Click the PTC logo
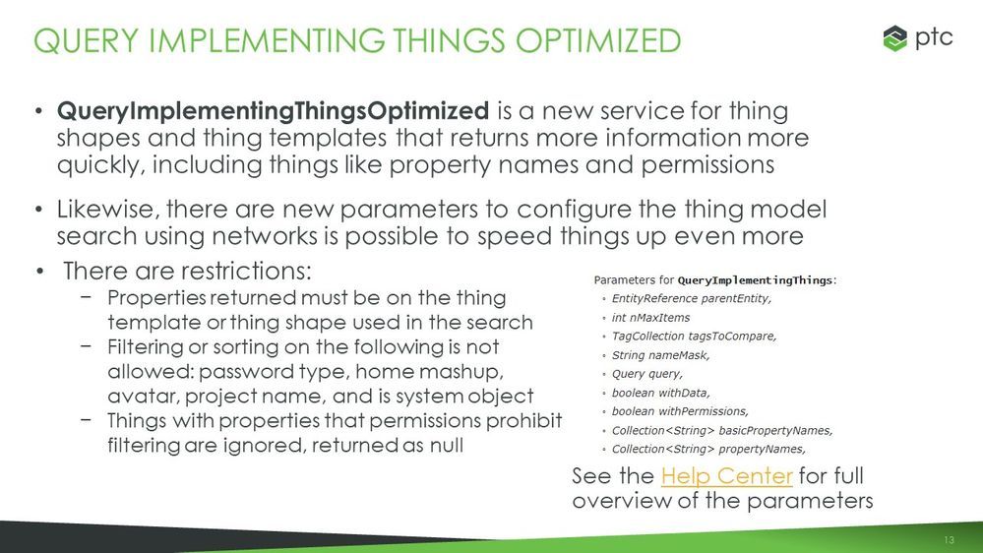coord(918,39)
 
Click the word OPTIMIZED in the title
coord(598,40)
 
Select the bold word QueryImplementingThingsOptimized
coord(273,111)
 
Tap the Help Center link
coord(726,476)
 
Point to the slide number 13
coord(948,540)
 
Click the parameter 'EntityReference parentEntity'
coord(691,298)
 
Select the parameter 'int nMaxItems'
coord(650,317)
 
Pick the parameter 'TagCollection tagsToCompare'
coord(694,337)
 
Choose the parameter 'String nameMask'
coord(661,355)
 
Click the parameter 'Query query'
coord(647,374)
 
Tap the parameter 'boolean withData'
coord(661,393)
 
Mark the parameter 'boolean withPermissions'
coord(680,411)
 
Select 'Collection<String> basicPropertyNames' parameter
coord(722,430)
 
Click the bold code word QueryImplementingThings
coord(756,280)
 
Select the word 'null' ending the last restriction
coord(446,445)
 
